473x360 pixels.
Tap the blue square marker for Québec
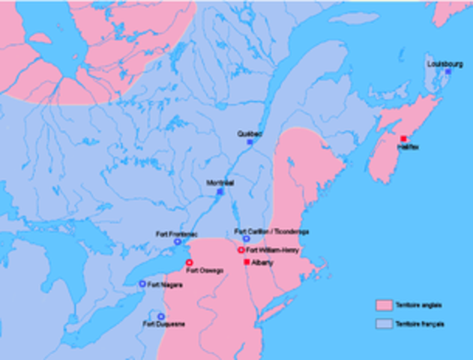click(x=250, y=142)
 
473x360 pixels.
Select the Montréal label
click(x=221, y=183)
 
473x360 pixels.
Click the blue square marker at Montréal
click(x=220, y=192)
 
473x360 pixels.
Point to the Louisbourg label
click(x=445, y=64)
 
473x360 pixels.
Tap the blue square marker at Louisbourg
click(x=448, y=72)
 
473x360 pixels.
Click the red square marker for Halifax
click(x=404, y=138)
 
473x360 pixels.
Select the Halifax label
click(x=409, y=147)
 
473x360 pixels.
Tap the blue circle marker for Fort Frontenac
click(x=178, y=241)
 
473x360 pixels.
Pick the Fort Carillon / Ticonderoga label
click(x=271, y=231)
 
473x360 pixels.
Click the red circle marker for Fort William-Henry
click(x=241, y=250)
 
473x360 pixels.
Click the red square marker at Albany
click(x=247, y=262)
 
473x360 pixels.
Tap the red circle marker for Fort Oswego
click(x=190, y=262)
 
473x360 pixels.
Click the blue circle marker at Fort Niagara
click(x=142, y=284)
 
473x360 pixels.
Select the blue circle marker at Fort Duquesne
click(x=160, y=316)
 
